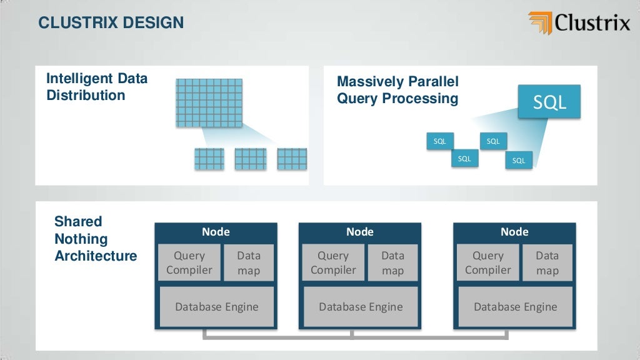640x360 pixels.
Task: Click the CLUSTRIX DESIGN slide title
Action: point(111,23)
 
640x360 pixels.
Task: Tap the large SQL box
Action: point(549,102)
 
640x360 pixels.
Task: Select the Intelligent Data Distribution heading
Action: point(97,87)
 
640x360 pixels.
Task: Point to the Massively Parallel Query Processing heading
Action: point(397,90)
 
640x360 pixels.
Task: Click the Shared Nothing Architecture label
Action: point(95,239)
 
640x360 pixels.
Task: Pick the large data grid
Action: point(209,102)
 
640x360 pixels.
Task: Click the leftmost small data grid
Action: point(209,159)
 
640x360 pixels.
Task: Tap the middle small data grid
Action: point(250,159)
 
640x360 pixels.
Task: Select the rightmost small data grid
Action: point(292,159)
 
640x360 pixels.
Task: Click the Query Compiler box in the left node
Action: point(189,263)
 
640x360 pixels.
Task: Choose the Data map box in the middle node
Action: point(392,263)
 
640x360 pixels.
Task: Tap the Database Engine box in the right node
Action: point(515,307)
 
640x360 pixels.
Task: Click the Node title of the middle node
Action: point(360,232)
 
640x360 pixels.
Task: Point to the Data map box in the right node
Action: point(547,263)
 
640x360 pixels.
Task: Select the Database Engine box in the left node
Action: point(216,307)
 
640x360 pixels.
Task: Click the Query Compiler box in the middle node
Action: point(333,263)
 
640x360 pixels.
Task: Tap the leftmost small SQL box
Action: point(440,141)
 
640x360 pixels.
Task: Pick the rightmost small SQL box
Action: point(519,161)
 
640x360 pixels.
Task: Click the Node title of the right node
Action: point(514,232)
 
